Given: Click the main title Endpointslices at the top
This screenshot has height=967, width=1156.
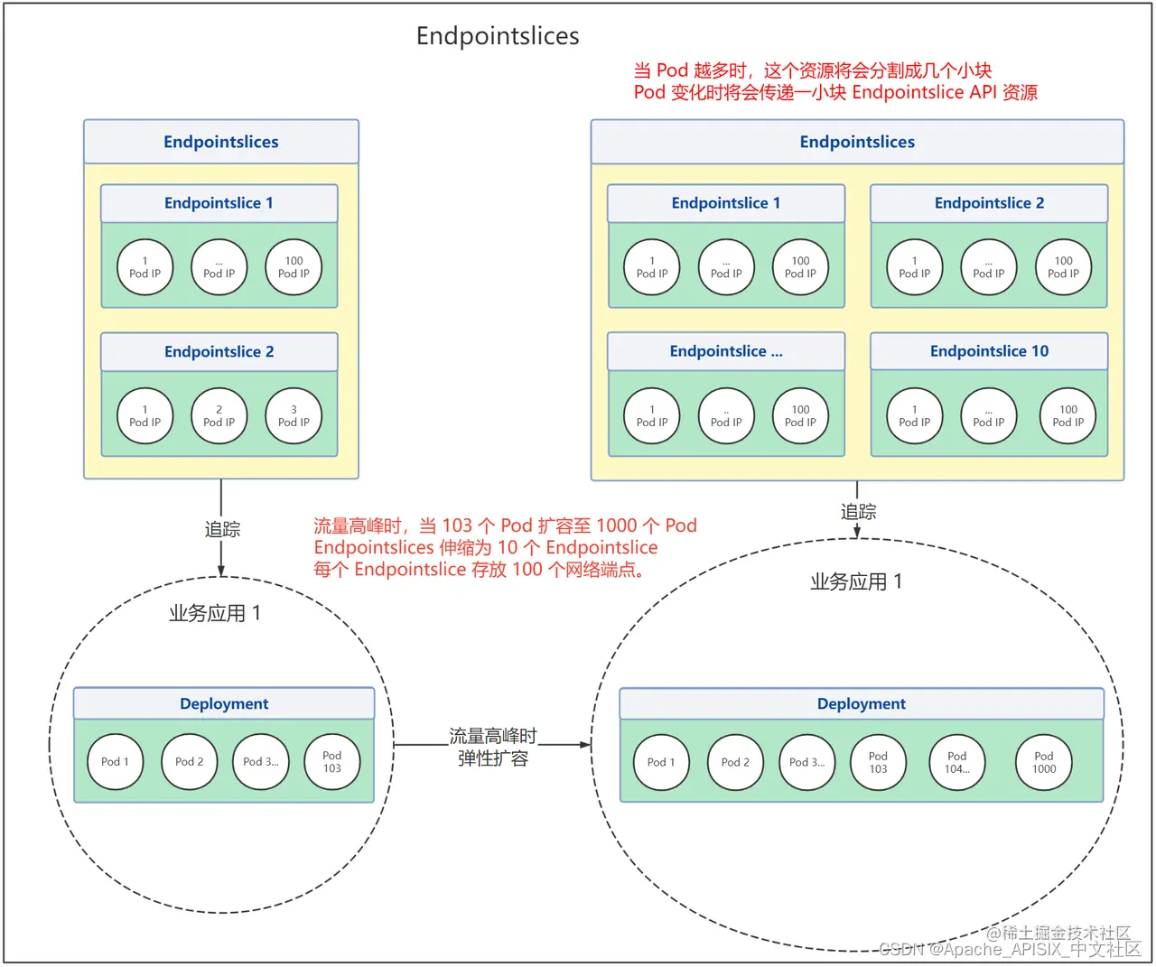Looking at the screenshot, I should point(498,36).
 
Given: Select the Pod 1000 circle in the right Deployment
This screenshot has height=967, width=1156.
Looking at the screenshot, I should point(1044,763).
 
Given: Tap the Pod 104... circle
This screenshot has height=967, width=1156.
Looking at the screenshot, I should point(957,763).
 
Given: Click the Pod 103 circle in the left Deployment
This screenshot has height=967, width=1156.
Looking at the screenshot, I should point(332,763).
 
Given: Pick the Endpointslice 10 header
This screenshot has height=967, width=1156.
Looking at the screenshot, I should point(989,351).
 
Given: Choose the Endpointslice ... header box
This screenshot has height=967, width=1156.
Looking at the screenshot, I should point(726,351).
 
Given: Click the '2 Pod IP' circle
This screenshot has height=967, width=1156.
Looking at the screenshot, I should point(219,416).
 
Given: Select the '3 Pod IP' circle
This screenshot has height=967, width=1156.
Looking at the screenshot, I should point(294,416).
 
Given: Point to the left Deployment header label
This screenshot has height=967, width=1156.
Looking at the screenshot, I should point(224,704).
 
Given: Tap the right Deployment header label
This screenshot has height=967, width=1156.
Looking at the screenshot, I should point(862,704).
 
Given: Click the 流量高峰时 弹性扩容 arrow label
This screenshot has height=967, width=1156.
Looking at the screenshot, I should point(493,748).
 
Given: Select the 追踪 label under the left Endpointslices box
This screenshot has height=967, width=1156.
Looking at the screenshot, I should point(222,530).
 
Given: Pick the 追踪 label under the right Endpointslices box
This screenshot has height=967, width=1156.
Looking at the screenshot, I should point(858,512).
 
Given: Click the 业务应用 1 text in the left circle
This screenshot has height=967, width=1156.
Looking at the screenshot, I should point(215,614).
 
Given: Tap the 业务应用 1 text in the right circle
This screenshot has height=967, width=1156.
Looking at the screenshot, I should point(856,582).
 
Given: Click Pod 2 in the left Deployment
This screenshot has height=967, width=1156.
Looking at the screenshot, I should point(190,762).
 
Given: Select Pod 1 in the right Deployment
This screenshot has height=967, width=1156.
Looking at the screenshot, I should point(661,763).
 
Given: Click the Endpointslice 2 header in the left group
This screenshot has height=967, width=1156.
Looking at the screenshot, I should point(219,352).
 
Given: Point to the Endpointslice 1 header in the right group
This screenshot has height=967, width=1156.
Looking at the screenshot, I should point(726,203).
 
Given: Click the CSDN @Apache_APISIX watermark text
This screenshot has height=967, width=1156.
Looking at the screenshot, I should point(1010,949).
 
